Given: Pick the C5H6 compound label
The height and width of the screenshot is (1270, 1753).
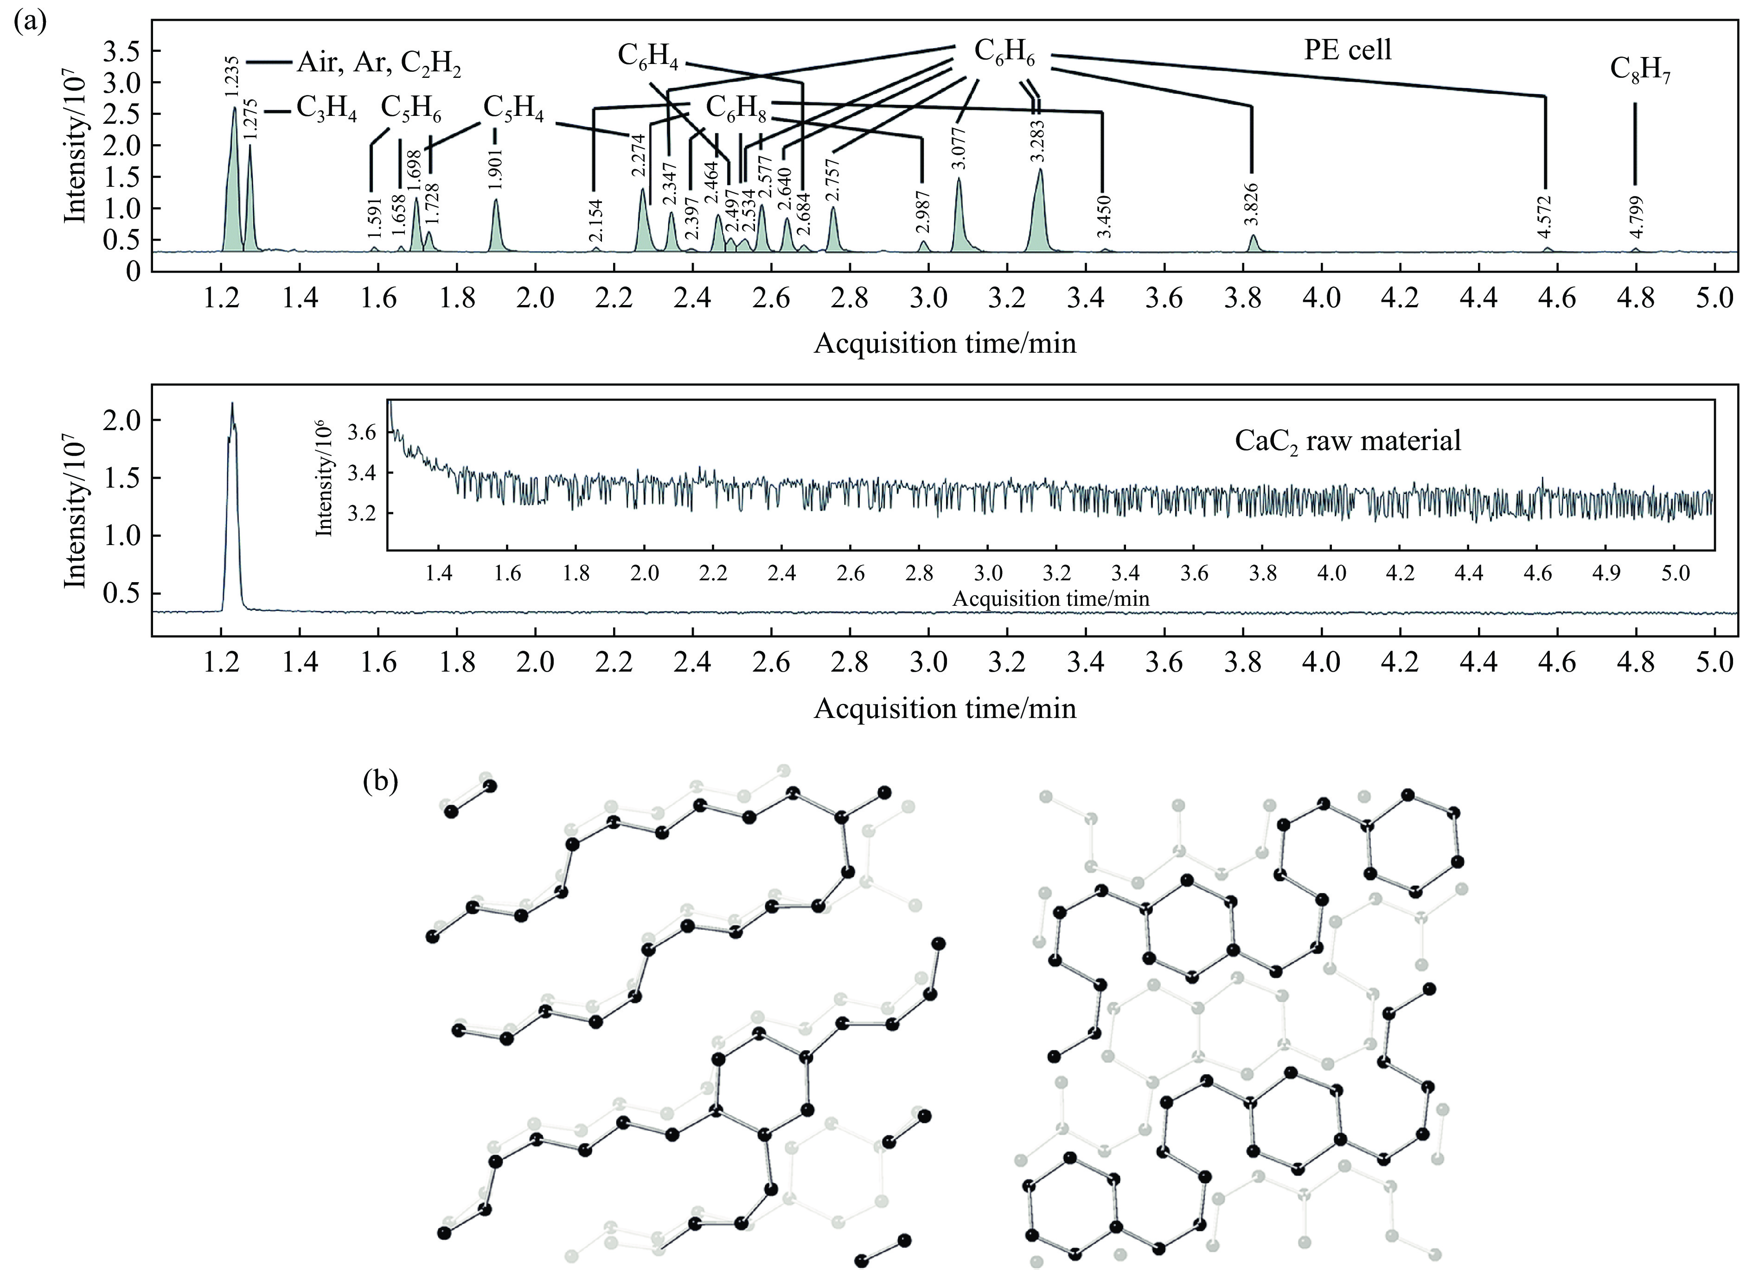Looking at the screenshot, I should click(x=411, y=110).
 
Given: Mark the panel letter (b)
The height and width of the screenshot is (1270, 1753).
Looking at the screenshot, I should click(x=380, y=782).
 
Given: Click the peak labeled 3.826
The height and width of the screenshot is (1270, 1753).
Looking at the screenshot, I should click(x=1254, y=242).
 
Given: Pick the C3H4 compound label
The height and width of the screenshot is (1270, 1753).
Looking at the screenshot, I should click(x=326, y=112).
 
